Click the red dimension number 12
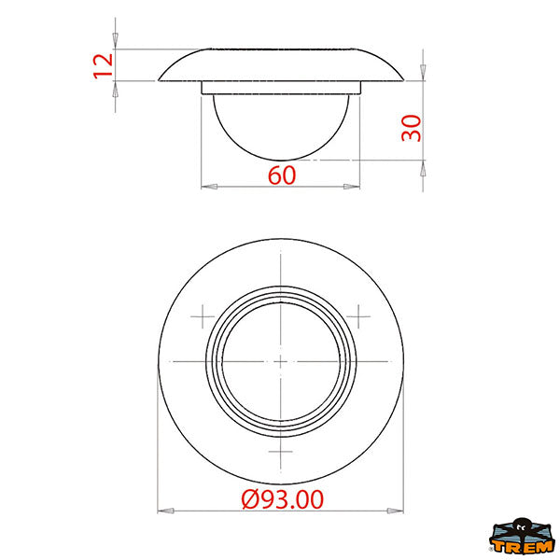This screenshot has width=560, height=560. tap(103, 65)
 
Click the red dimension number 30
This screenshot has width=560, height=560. tap(411, 128)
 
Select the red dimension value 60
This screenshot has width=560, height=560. tap(282, 175)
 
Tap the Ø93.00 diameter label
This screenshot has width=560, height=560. tap(282, 499)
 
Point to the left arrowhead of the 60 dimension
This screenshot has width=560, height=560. tap(209, 187)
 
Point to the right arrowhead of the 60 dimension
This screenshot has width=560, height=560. tap(352, 187)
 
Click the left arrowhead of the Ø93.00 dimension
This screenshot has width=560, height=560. tap(166, 511)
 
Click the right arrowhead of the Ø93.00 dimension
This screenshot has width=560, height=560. tap(396, 511)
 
